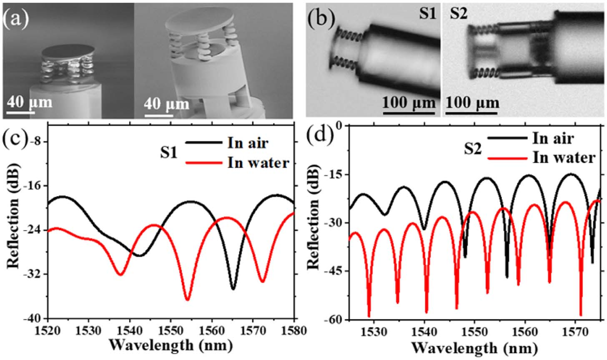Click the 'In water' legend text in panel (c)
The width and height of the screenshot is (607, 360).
pyautogui.click(x=258, y=162)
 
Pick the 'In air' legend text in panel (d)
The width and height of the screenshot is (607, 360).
pyautogui.click(x=552, y=138)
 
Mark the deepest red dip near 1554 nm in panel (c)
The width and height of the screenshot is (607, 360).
pyautogui.click(x=187, y=299)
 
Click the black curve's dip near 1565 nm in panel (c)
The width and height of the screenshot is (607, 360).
pyautogui.click(x=233, y=289)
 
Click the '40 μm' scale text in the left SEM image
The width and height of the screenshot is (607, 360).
pyautogui.click(x=29, y=101)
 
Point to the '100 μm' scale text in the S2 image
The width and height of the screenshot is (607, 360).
pyautogui.click(x=472, y=102)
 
